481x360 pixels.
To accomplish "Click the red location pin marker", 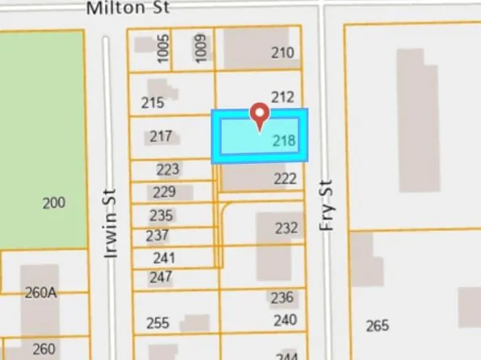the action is [259, 115].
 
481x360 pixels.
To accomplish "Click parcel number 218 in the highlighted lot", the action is [283, 140].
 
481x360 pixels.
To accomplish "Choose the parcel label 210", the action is [282, 53].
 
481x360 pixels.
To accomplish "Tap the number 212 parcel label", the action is [282, 97].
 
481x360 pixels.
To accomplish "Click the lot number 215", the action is [152, 103].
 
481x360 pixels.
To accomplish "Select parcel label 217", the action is [161, 136].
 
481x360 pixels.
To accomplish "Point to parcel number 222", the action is [286, 178].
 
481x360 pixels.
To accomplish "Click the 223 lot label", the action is [167, 170].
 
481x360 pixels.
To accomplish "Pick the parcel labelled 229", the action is [163, 192].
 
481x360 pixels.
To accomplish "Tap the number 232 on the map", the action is [286, 228].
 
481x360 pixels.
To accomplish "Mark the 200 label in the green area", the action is [53, 203].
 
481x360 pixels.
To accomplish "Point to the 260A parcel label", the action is [40, 293].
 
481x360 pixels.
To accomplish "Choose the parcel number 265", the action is [377, 325].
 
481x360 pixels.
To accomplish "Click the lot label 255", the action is [158, 323].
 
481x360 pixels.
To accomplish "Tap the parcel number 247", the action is [161, 277].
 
